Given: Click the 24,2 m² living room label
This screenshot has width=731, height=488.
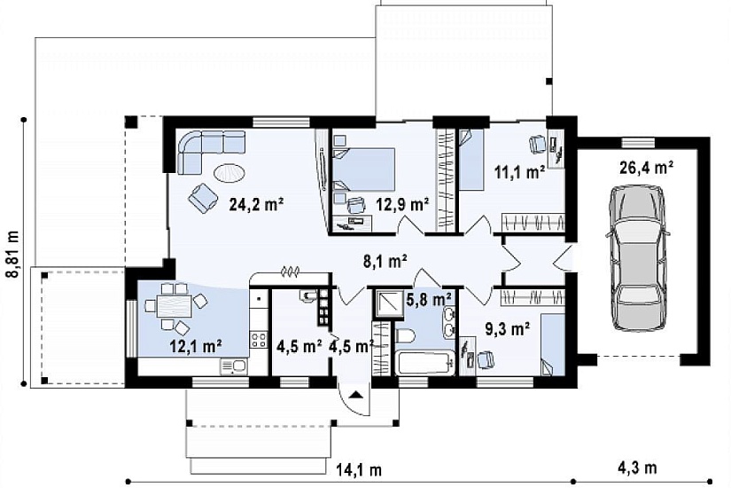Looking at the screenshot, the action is click(x=256, y=204).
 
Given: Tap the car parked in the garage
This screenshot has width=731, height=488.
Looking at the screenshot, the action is click(x=637, y=258).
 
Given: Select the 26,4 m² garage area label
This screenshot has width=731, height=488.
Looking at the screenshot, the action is click(x=647, y=167).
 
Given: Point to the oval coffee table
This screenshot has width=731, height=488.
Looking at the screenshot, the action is click(x=229, y=173).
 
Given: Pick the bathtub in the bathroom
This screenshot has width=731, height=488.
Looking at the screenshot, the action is click(x=426, y=362).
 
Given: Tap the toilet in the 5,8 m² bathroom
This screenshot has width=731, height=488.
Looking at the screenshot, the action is click(x=406, y=335).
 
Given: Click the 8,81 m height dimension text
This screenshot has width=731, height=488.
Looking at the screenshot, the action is click(x=13, y=254).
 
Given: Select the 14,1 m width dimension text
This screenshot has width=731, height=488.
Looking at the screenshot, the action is click(x=359, y=469).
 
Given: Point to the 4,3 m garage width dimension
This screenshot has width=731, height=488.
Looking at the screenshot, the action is click(x=637, y=468).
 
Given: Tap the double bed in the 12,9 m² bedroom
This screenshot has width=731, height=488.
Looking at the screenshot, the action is click(x=364, y=169).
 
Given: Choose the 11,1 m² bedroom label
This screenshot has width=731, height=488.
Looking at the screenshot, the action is click(x=520, y=172).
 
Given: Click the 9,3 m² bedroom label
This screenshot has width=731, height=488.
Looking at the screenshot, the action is click(x=508, y=330).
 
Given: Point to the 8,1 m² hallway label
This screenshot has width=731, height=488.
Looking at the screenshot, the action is click(x=385, y=261).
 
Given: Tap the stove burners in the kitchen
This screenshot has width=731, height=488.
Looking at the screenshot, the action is click(x=259, y=339).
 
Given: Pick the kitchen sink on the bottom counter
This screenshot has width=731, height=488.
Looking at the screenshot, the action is click(x=234, y=366).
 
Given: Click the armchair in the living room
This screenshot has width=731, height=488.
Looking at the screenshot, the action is click(x=203, y=197).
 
